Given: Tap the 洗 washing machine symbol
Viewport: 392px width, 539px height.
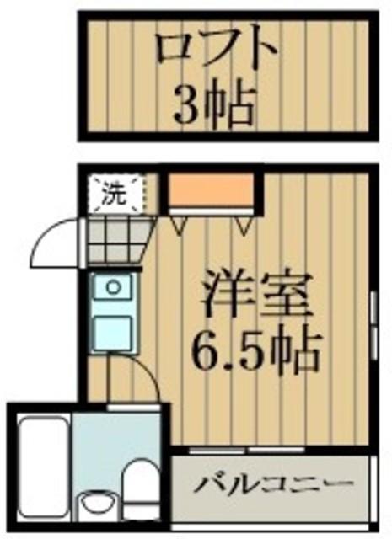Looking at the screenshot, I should click(115, 195).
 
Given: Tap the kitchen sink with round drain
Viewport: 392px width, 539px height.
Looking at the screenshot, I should click(112, 291).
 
